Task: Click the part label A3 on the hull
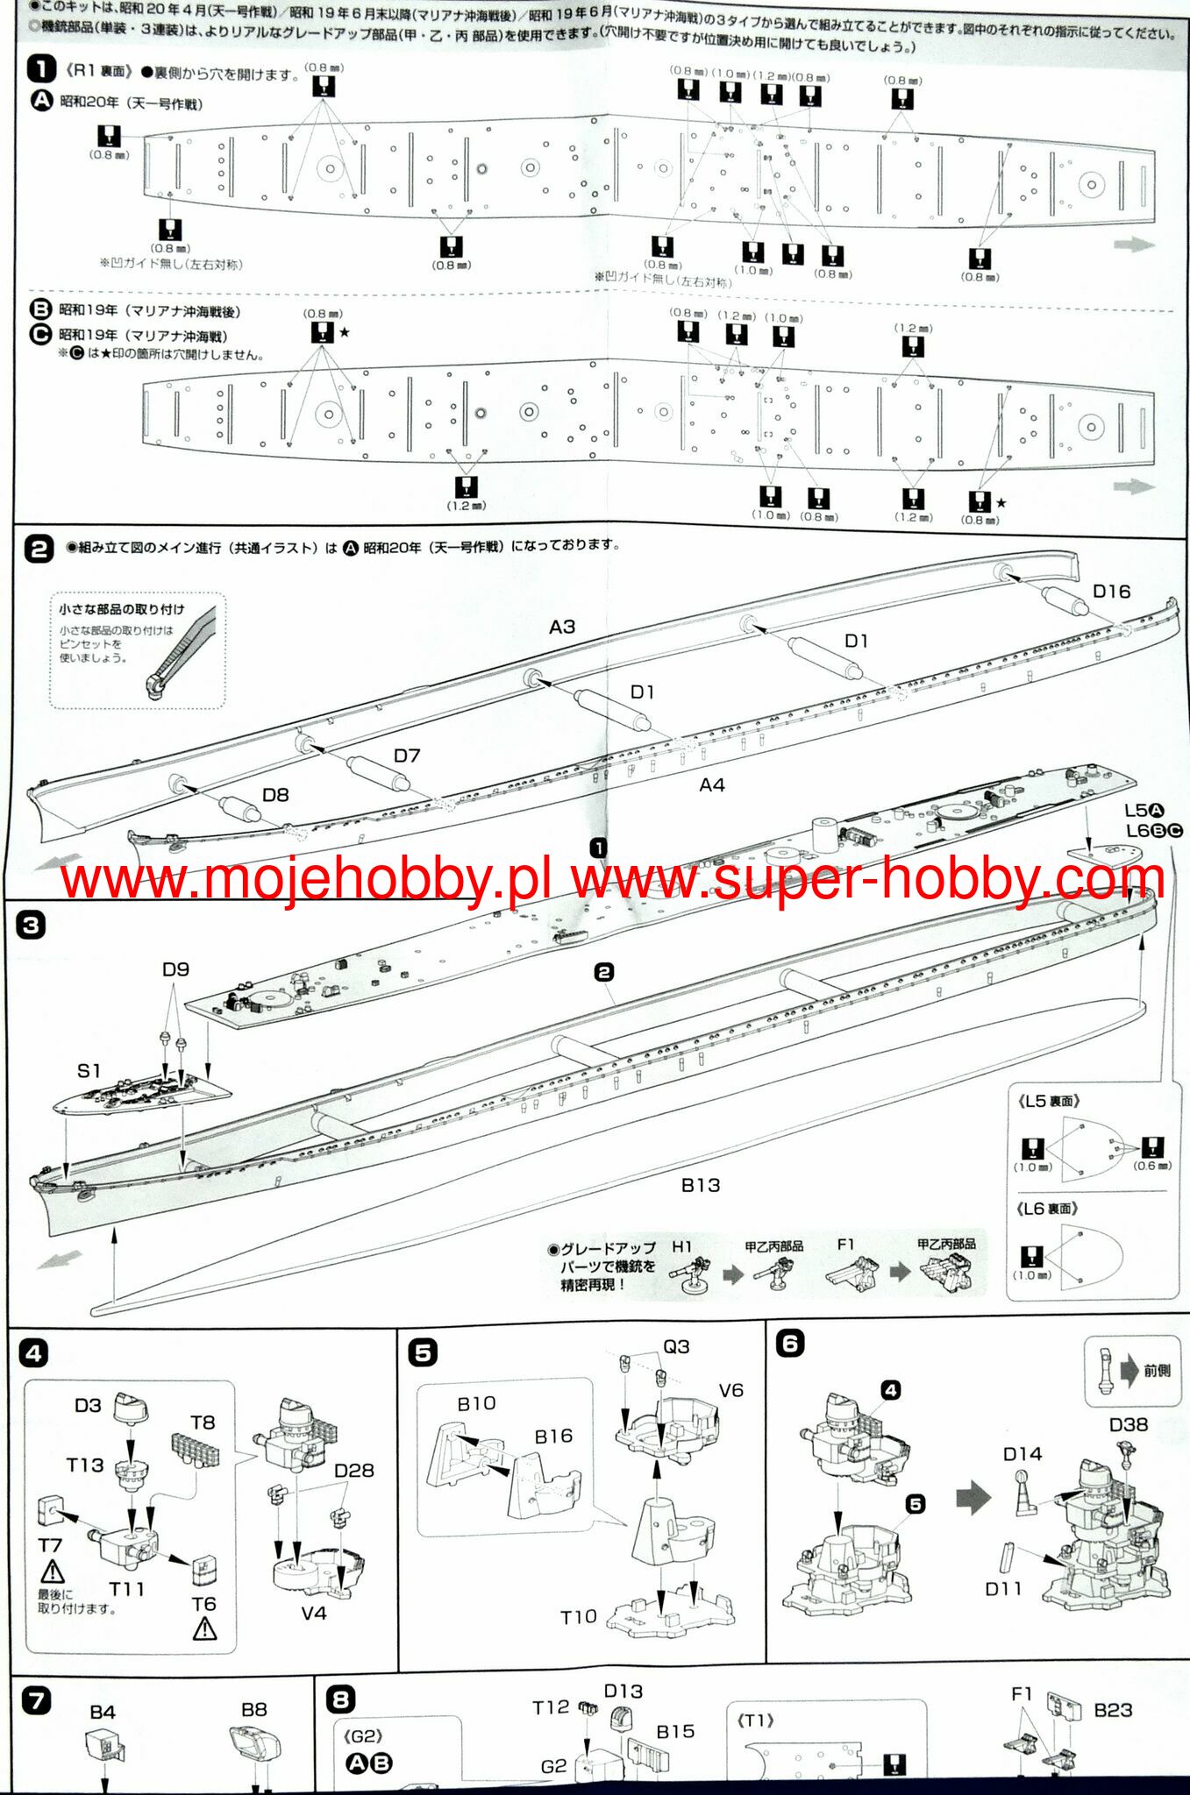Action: pyautogui.click(x=562, y=627)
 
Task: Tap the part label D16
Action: pyautogui.click(x=1111, y=592)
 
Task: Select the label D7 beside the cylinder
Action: pyautogui.click(x=406, y=756)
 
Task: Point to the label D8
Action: pyautogui.click(x=275, y=794)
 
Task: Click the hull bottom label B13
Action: pyautogui.click(x=701, y=1185)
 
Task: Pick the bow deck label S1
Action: pyautogui.click(x=89, y=1070)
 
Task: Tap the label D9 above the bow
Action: pyautogui.click(x=175, y=969)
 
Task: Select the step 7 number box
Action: pyautogui.click(x=36, y=1701)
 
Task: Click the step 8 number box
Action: pyautogui.click(x=340, y=1700)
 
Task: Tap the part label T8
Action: pyautogui.click(x=203, y=1422)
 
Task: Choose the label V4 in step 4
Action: pyautogui.click(x=313, y=1613)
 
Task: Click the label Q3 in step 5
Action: pyautogui.click(x=675, y=1346)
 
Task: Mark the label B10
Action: pyautogui.click(x=476, y=1403)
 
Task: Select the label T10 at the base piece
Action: pyautogui.click(x=579, y=1616)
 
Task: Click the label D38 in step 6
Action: pyautogui.click(x=1128, y=1424)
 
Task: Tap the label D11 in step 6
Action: pyautogui.click(x=1003, y=1589)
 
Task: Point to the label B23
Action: pyautogui.click(x=1113, y=1710)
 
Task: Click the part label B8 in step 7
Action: pyautogui.click(x=253, y=1709)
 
